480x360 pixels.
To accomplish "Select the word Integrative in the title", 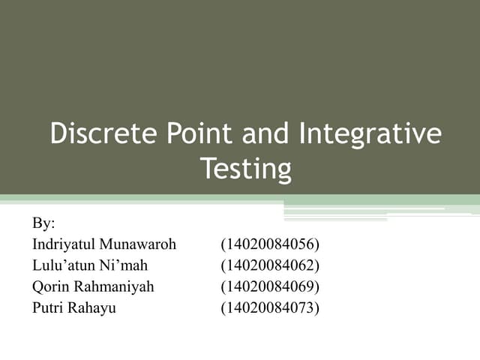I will tap(370, 135).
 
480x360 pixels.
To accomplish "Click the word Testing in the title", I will tap(245, 169).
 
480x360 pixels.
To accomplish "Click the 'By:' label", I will tap(44, 223).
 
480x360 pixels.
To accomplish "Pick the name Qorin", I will tap(49, 286).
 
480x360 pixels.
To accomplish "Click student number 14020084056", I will tap(270, 244).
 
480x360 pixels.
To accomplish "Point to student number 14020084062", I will tap(270, 265).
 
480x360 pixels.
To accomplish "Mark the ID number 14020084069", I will tap(270, 286).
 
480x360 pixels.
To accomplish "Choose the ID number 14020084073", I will tap(270, 307).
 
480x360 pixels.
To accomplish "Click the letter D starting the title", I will tap(58, 135).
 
